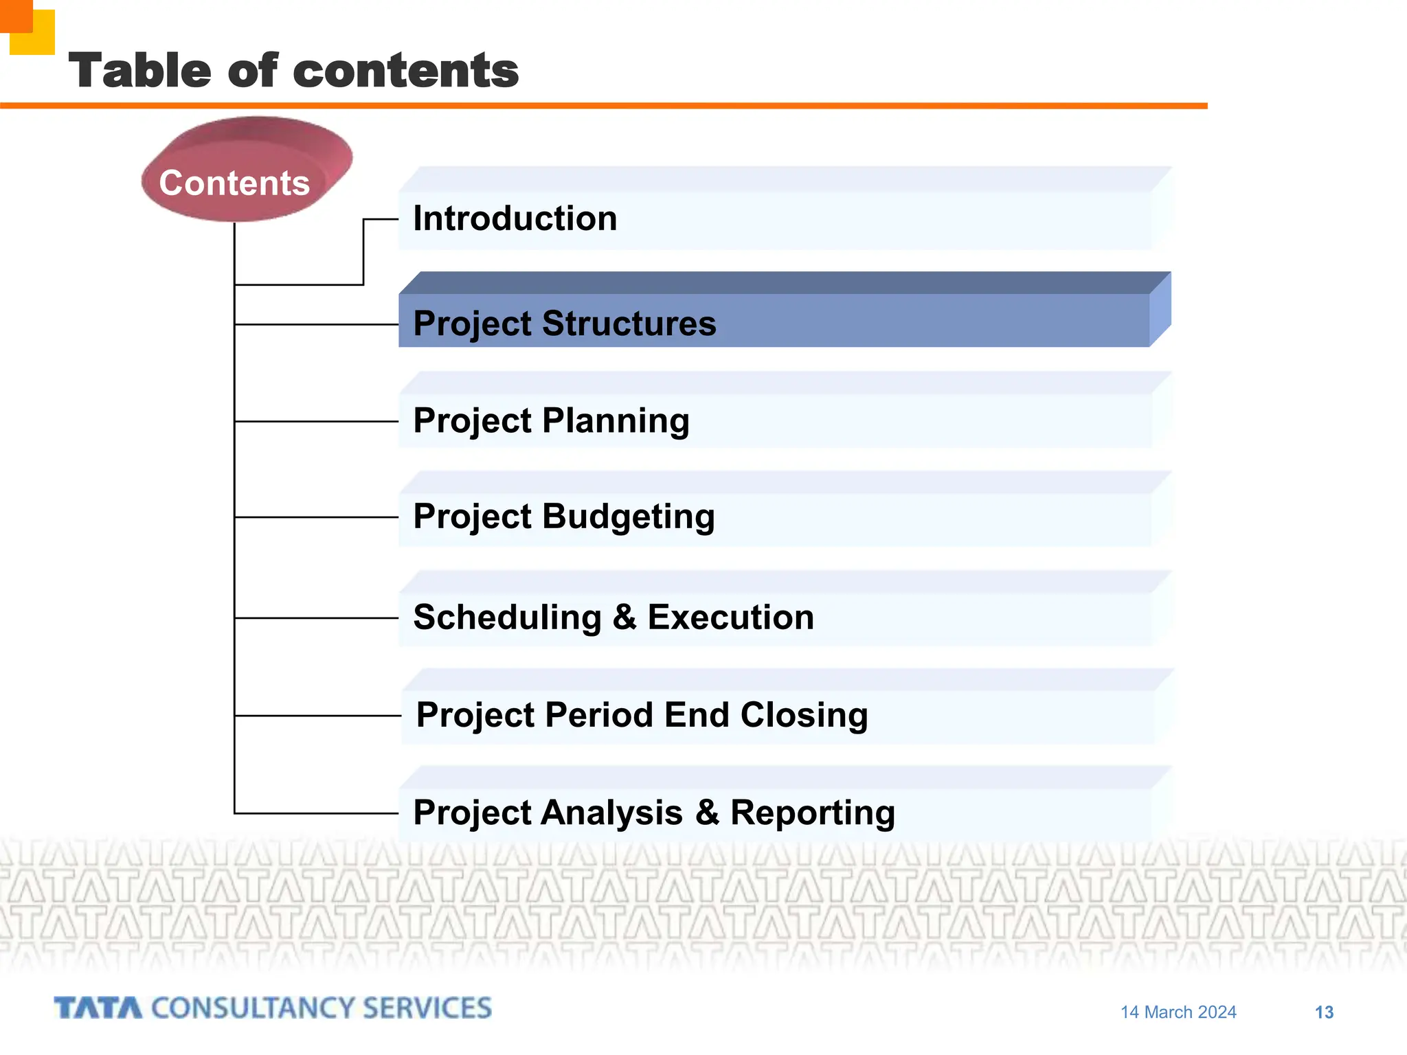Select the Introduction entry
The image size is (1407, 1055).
tap(515, 218)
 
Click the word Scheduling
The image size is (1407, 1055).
tap(507, 617)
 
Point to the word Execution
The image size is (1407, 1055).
tap(730, 617)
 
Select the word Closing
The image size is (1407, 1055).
tap(804, 715)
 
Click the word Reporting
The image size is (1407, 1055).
tap(812, 813)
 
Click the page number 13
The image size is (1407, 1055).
tap(1323, 1012)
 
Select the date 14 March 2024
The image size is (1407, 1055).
tap(1178, 1012)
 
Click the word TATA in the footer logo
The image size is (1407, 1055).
tap(98, 1008)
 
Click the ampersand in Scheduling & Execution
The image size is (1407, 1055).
tap(624, 617)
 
